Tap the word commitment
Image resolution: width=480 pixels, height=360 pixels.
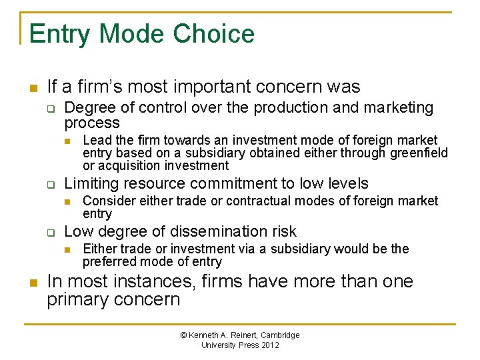(227, 183)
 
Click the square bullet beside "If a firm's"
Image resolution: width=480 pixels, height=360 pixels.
(32, 87)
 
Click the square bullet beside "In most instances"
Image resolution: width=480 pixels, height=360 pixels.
(32, 282)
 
